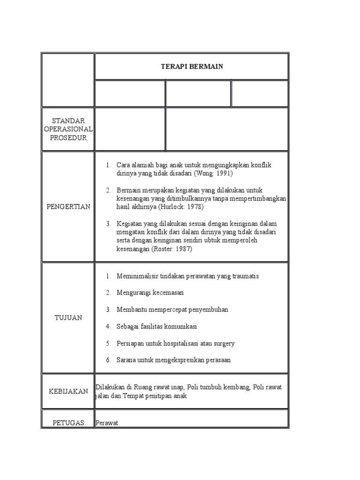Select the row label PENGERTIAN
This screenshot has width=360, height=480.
pyautogui.click(x=68, y=207)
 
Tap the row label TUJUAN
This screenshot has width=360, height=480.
pyautogui.click(x=68, y=317)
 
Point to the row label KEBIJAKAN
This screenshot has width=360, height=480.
pyautogui.click(x=68, y=391)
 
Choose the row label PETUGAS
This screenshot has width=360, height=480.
pyautogui.click(x=68, y=423)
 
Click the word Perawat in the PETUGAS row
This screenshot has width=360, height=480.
pyautogui.click(x=107, y=423)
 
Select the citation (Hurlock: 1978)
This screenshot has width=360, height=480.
pyautogui.click(x=181, y=207)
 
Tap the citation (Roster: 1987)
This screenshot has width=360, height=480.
pyautogui.click(x=172, y=249)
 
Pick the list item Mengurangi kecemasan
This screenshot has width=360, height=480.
pyautogui.click(x=150, y=292)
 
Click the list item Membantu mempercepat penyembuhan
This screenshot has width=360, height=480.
pyautogui.click(x=172, y=309)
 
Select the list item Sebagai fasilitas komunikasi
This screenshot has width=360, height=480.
pyautogui.click(x=157, y=326)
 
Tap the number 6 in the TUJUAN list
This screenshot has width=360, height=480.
pyautogui.click(x=108, y=360)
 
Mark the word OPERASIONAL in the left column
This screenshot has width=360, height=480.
pyautogui.click(x=68, y=129)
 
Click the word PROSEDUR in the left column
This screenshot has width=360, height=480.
pyautogui.click(x=68, y=138)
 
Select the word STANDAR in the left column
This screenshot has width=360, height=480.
pyautogui.click(x=68, y=121)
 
